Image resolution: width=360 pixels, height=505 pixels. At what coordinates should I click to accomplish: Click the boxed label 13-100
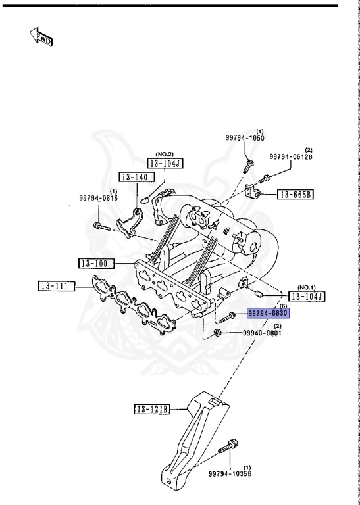pos(96,264)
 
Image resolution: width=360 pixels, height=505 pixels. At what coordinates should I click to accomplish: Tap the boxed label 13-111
pos(55,286)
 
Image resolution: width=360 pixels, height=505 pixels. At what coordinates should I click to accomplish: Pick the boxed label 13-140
pos(136,177)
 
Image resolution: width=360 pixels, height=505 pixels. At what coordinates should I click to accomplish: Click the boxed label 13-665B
pos(297,194)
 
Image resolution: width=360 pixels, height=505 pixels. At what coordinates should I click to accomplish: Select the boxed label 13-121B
pos(152,409)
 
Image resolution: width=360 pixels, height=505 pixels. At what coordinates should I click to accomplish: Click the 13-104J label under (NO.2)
pos(165,163)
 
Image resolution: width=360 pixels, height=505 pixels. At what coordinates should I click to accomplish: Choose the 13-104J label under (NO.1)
pos(307,297)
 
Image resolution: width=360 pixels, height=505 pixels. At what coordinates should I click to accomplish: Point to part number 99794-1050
pos(245,139)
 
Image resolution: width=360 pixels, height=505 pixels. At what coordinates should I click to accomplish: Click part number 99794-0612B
pos(290,157)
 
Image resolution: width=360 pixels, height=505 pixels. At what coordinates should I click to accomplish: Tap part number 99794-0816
pos(98,197)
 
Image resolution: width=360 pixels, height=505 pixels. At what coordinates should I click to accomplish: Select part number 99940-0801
pos(263,333)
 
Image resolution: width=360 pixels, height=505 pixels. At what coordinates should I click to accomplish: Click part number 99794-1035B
pos(230,473)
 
